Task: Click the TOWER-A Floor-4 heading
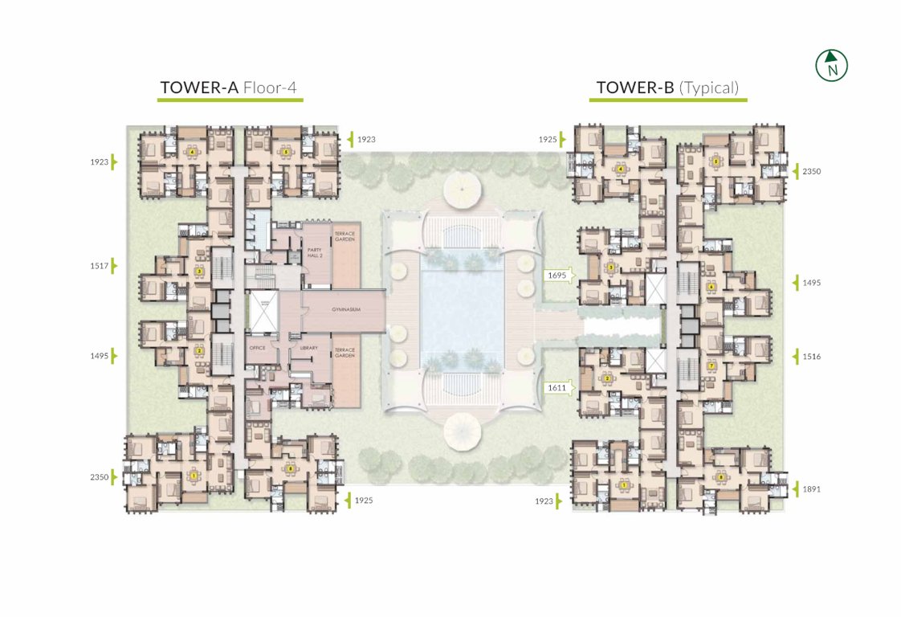click(x=229, y=88)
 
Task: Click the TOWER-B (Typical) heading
click(x=667, y=88)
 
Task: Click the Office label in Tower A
click(x=258, y=348)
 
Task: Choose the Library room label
click(x=310, y=348)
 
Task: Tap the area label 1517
click(x=101, y=265)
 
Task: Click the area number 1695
click(x=556, y=276)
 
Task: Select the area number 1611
click(x=556, y=388)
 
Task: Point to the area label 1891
click(x=813, y=488)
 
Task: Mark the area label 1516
click(x=813, y=356)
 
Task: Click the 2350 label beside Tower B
click(x=813, y=171)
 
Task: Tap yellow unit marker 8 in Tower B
click(x=720, y=477)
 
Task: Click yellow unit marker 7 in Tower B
click(x=711, y=366)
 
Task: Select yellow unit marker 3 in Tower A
click(x=199, y=271)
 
